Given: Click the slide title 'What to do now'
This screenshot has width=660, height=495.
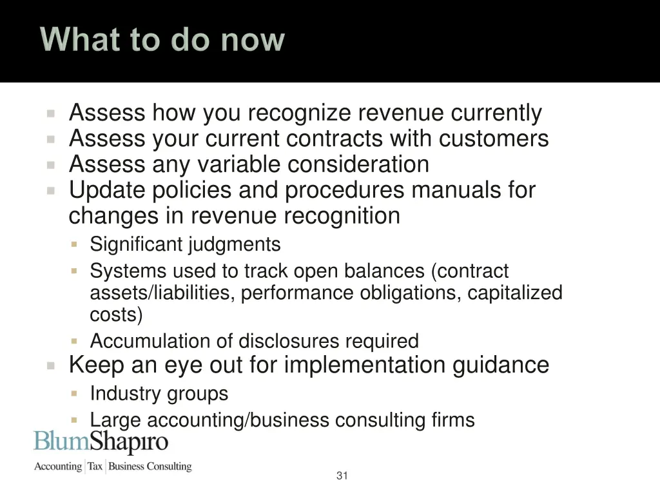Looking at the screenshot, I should [x=162, y=40].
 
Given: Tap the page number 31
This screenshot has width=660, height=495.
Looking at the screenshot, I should [x=342, y=476].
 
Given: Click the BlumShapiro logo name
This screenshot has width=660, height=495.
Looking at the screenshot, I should [x=101, y=442].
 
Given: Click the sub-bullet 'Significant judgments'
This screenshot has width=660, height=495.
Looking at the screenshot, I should [x=185, y=245].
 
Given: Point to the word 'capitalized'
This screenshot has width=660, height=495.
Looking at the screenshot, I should [x=515, y=293].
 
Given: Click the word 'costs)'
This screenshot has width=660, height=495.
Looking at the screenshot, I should [x=117, y=315].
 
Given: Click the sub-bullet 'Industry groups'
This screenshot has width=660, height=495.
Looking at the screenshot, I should [x=159, y=393].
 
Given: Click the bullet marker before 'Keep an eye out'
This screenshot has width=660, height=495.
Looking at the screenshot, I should [x=52, y=365].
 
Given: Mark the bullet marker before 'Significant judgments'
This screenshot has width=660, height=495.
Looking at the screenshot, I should [x=74, y=245].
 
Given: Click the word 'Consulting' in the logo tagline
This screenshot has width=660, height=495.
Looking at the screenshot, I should [x=169, y=466].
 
